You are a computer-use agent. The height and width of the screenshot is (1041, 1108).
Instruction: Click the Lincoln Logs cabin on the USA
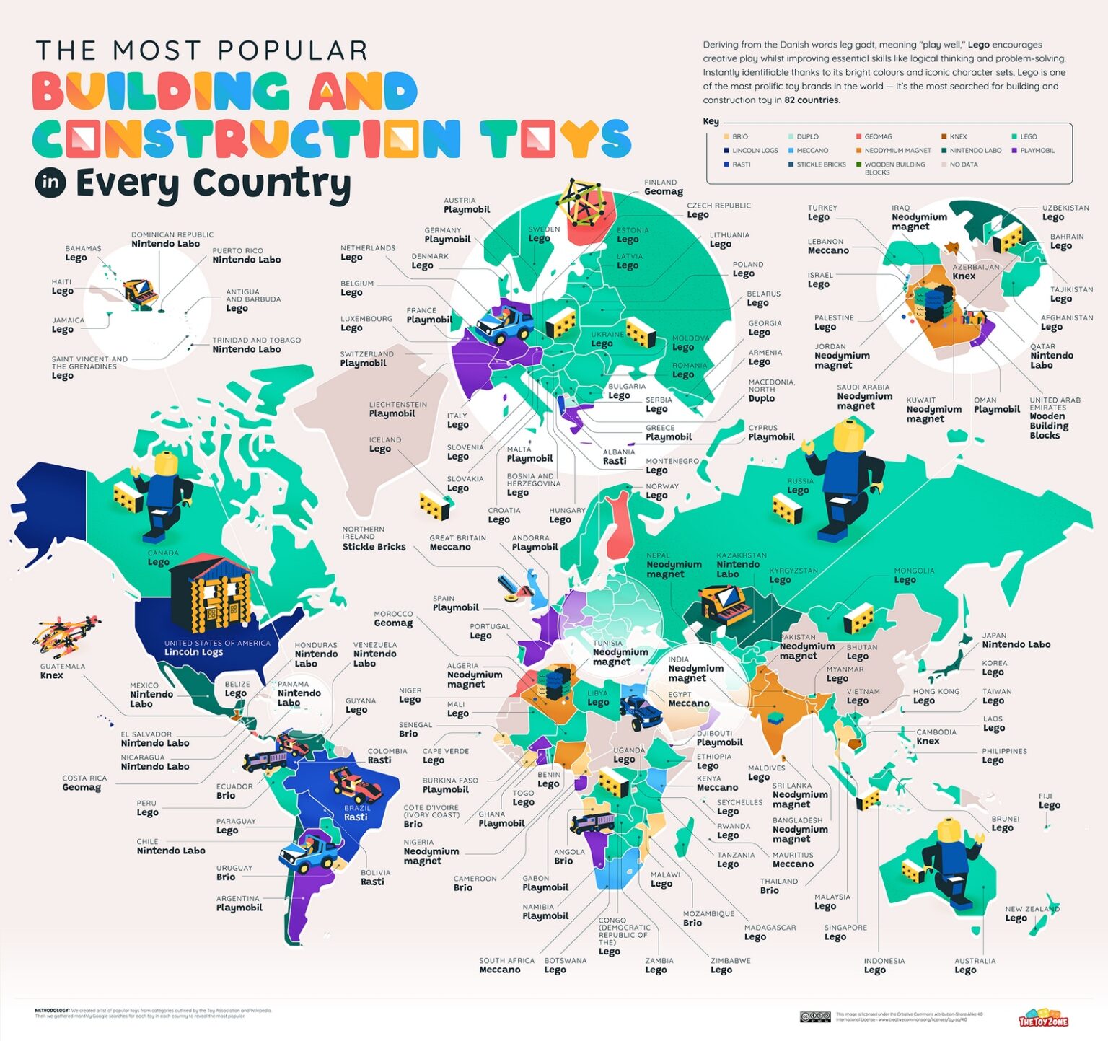211,593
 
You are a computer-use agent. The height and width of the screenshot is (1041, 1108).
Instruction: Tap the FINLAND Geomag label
662,188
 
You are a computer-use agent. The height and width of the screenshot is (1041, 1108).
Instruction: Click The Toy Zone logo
1043,1018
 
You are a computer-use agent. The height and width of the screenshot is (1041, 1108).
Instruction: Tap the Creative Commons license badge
815,1016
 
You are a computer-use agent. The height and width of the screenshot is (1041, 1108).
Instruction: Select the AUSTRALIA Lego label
974,965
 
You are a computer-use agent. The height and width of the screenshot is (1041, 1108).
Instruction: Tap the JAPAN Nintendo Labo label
1015,641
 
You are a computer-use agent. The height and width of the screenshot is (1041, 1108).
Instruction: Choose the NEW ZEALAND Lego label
1024,914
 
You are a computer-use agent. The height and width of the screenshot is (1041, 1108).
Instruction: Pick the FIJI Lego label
1049,801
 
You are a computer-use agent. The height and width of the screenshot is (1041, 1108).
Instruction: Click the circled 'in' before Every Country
50,183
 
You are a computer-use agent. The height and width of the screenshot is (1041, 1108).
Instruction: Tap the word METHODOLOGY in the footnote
52,1010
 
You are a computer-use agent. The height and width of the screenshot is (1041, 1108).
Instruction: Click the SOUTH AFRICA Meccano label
506,965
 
